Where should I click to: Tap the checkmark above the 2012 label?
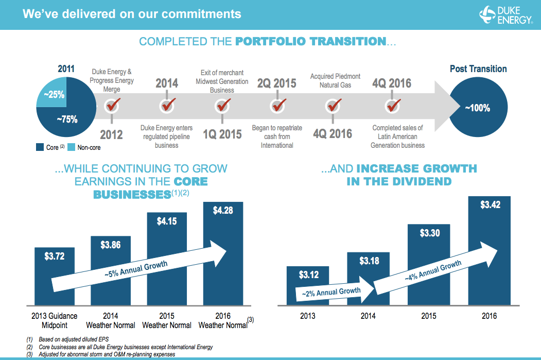pos(112,106)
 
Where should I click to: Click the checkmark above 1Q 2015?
pos(222,106)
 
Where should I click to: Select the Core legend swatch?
pos(40,148)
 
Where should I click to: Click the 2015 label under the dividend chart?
pos(427,316)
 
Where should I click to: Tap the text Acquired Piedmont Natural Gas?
pos(335,80)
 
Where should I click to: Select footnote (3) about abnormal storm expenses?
pos(103,354)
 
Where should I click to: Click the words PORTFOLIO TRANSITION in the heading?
pos(310,41)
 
